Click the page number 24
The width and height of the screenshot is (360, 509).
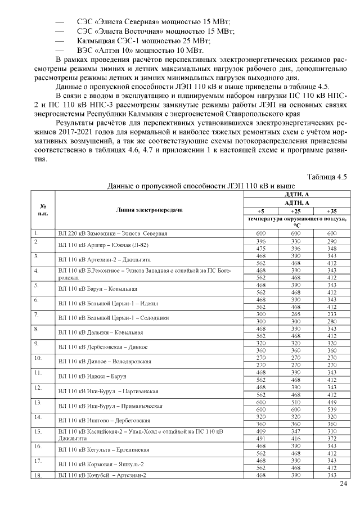pos(344,484)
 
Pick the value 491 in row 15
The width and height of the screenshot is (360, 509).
pos(260,439)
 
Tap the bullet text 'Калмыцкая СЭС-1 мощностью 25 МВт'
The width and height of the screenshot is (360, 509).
pos(143,41)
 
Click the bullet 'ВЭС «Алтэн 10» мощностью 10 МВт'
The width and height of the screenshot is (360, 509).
pos(139,51)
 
